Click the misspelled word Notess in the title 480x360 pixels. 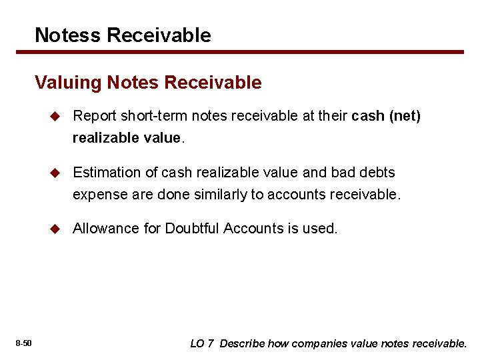click(x=63, y=35)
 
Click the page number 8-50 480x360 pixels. click(x=24, y=343)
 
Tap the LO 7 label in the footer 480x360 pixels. click(x=202, y=344)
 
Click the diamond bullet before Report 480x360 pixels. click(x=55, y=117)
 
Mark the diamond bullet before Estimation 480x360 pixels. click(x=55, y=173)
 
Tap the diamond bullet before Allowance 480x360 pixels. click(x=55, y=229)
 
